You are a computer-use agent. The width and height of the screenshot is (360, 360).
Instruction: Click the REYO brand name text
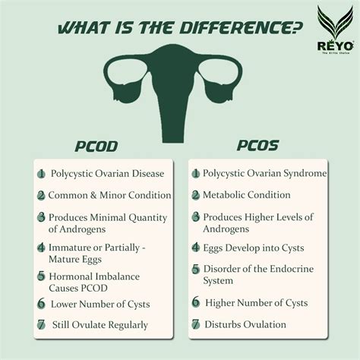tap(336, 46)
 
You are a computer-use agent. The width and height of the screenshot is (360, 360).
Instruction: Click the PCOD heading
tap(96, 147)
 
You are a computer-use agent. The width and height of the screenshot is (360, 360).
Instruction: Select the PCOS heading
tap(257, 145)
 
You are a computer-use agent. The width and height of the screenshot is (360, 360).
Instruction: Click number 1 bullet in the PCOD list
tap(41, 174)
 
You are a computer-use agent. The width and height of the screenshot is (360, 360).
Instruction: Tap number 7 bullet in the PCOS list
tap(196, 324)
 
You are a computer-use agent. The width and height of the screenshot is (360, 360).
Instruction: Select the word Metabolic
tap(223, 195)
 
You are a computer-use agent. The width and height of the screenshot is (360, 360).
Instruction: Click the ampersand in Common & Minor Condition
tap(93, 195)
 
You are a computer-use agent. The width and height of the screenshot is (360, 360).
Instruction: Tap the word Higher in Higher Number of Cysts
tap(219, 303)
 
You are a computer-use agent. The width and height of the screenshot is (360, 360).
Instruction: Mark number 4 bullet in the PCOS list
tap(196, 248)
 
